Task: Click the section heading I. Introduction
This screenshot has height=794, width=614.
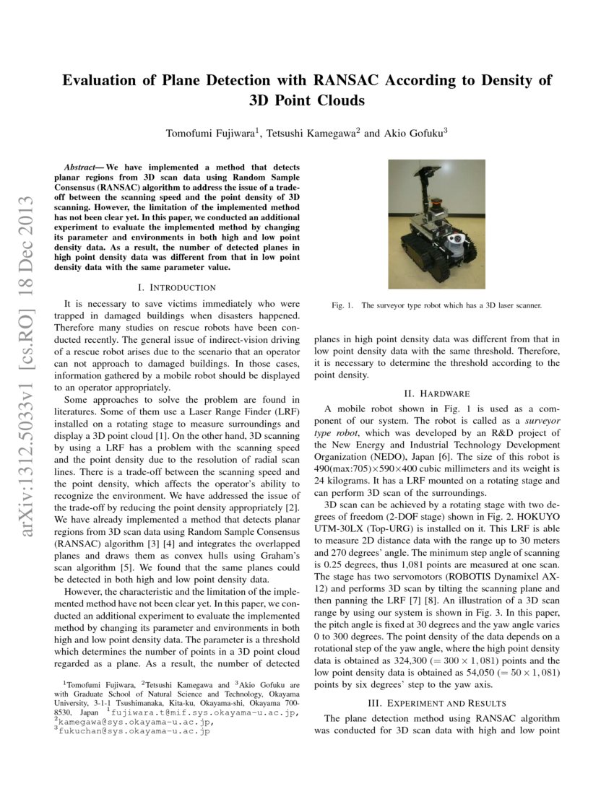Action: click(x=177, y=287)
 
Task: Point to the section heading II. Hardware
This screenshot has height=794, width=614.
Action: click(x=437, y=393)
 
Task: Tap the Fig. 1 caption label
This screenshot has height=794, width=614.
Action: click(x=342, y=305)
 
